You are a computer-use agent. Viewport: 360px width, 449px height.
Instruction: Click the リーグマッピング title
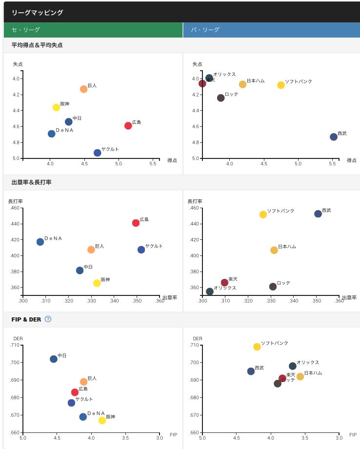pyautogui.click(x=38, y=13)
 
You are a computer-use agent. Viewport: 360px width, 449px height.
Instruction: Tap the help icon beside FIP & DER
pyautogui.click(x=48, y=319)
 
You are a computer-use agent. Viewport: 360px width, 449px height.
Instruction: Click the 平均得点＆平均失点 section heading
pyautogui.click(x=37, y=45)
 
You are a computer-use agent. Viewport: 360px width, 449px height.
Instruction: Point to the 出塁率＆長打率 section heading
pyautogui.click(x=32, y=182)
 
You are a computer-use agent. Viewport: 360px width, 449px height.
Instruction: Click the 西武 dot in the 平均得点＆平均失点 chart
pyautogui.click(x=334, y=137)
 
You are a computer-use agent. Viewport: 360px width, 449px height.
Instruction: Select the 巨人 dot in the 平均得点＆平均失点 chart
pyautogui.click(x=84, y=89)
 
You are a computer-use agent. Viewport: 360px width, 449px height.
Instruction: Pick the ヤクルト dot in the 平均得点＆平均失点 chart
pyautogui.click(x=98, y=153)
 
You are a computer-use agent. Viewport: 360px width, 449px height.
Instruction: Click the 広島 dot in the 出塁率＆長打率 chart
pyautogui.click(x=136, y=223)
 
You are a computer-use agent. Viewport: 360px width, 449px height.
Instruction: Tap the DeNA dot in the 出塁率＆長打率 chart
pyautogui.click(x=40, y=242)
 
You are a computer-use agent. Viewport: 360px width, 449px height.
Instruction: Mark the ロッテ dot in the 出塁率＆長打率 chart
pyautogui.click(x=273, y=287)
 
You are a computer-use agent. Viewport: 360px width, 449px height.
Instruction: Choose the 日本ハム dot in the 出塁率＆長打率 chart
pyautogui.click(x=274, y=250)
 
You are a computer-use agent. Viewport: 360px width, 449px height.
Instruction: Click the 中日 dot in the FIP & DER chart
pyautogui.click(x=54, y=359)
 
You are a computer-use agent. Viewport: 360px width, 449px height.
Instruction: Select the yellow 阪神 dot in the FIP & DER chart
pyautogui.click(x=102, y=420)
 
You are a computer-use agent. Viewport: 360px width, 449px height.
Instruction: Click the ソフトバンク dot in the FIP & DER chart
pyautogui.click(x=257, y=347)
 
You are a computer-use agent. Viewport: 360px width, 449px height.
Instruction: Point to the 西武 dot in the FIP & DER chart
pyautogui.click(x=251, y=371)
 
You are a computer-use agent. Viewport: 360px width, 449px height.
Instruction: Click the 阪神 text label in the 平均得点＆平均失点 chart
pyautogui.click(x=65, y=104)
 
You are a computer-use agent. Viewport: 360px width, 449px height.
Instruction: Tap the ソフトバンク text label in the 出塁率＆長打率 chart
pyautogui.click(x=281, y=211)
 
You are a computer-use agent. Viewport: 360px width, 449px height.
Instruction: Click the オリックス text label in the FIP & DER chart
pyautogui.click(x=308, y=362)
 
